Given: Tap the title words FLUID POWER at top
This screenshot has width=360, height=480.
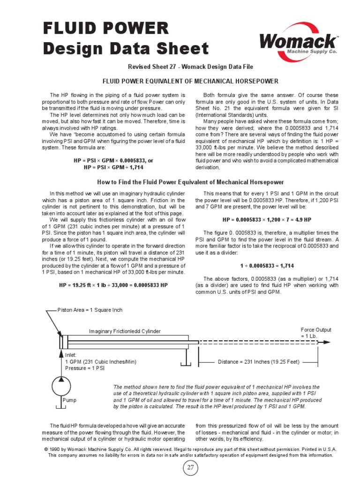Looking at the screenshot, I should click(106, 28).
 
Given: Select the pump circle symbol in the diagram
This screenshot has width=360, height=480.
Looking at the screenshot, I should click(62, 386).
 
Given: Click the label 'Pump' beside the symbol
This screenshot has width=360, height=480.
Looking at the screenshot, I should click(69, 401).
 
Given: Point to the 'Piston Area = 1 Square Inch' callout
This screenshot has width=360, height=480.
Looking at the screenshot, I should click(90, 310).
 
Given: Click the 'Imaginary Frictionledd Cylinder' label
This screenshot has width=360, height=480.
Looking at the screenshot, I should click(125, 331).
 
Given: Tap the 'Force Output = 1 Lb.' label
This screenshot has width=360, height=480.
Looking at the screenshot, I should click(316, 333).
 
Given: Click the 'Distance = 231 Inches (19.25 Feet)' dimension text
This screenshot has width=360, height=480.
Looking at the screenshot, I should click(259, 362).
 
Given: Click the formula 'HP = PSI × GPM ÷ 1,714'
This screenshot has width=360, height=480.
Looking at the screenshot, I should click(113, 167).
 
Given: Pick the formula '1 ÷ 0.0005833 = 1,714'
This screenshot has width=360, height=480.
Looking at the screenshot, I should click(267, 265).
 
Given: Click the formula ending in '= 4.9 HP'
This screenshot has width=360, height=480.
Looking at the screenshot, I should click(267, 219).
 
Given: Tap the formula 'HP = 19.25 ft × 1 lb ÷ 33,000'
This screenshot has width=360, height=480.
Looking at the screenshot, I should click(113, 285).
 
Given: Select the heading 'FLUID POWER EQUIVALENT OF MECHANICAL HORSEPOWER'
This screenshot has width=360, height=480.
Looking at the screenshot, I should click(191, 81).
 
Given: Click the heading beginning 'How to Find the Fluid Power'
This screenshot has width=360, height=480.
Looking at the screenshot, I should click(190, 182).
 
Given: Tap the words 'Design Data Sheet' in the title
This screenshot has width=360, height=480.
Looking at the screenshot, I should click(126, 49).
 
